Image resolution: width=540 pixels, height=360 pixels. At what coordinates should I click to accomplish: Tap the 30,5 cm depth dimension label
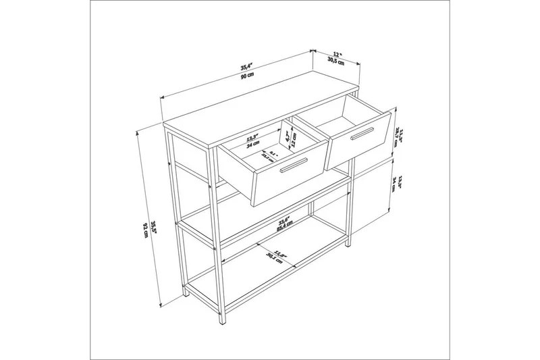336,60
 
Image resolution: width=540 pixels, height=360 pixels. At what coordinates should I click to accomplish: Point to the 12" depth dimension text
337,53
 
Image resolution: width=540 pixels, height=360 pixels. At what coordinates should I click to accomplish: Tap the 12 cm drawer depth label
294,140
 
